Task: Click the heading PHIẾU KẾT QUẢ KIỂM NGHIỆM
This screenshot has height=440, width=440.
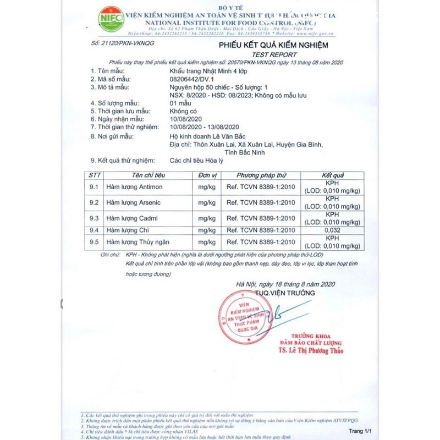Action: (x=273, y=45)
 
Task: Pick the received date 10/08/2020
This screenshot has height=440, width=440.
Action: (x=187, y=119)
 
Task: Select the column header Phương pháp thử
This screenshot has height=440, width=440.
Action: (x=262, y=175)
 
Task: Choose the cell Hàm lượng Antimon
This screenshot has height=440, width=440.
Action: (x=135, y=188)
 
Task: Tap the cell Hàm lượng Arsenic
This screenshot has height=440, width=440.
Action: (x=133, y=203)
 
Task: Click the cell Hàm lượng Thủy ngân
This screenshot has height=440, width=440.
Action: (x=139, y=242)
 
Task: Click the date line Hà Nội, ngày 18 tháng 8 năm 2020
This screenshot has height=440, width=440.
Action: (x=285, y=284)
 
